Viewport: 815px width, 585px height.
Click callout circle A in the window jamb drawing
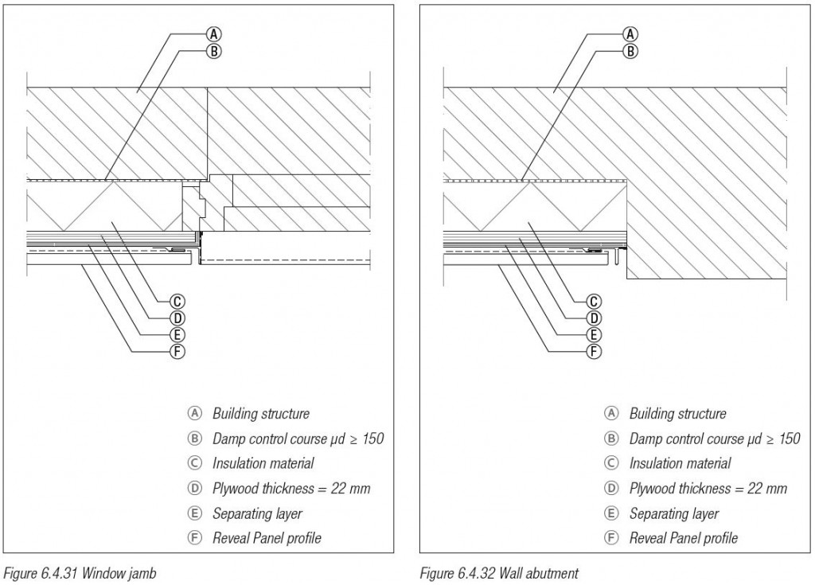tap(213, 33)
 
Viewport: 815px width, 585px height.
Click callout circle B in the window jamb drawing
tap(213, 51)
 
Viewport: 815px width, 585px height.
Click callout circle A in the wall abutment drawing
tap(630, 33)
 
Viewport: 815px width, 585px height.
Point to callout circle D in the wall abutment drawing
tap(594, 318)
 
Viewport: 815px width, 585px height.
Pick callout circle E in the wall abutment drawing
tap(594, 334)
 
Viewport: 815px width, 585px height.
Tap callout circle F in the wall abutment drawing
tap(594, 350)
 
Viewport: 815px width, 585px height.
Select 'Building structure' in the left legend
tap(260, 414)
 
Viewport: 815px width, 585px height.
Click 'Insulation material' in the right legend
tap(680, 463)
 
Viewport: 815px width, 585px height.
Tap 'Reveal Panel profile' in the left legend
tap(267, 538)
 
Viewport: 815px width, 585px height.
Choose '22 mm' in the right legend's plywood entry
tap(767, 488)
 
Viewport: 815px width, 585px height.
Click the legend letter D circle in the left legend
tap(193, 489)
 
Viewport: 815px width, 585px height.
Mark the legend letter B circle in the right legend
tap(610, 439)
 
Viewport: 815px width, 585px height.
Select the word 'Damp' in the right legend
tap(645, 439)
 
